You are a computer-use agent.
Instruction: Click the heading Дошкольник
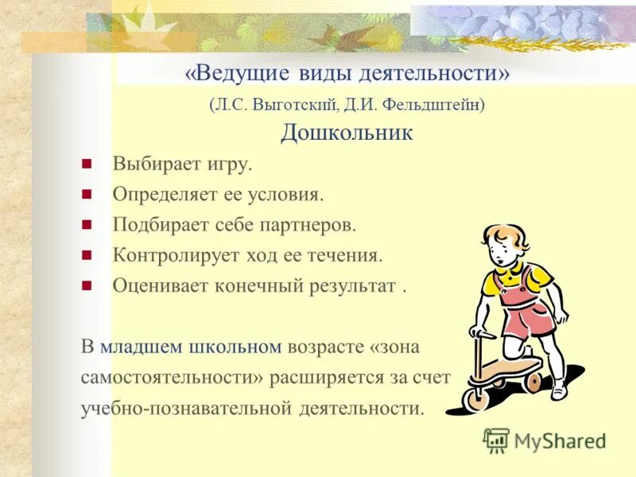click(346, 132)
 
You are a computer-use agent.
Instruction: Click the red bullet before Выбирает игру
click(87, 165)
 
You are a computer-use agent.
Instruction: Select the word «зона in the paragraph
click(395, 347)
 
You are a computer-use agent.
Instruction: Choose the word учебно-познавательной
click(188, 408)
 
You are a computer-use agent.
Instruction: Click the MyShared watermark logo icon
click(496, 440)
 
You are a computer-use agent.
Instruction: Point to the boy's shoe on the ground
click(559, 390)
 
